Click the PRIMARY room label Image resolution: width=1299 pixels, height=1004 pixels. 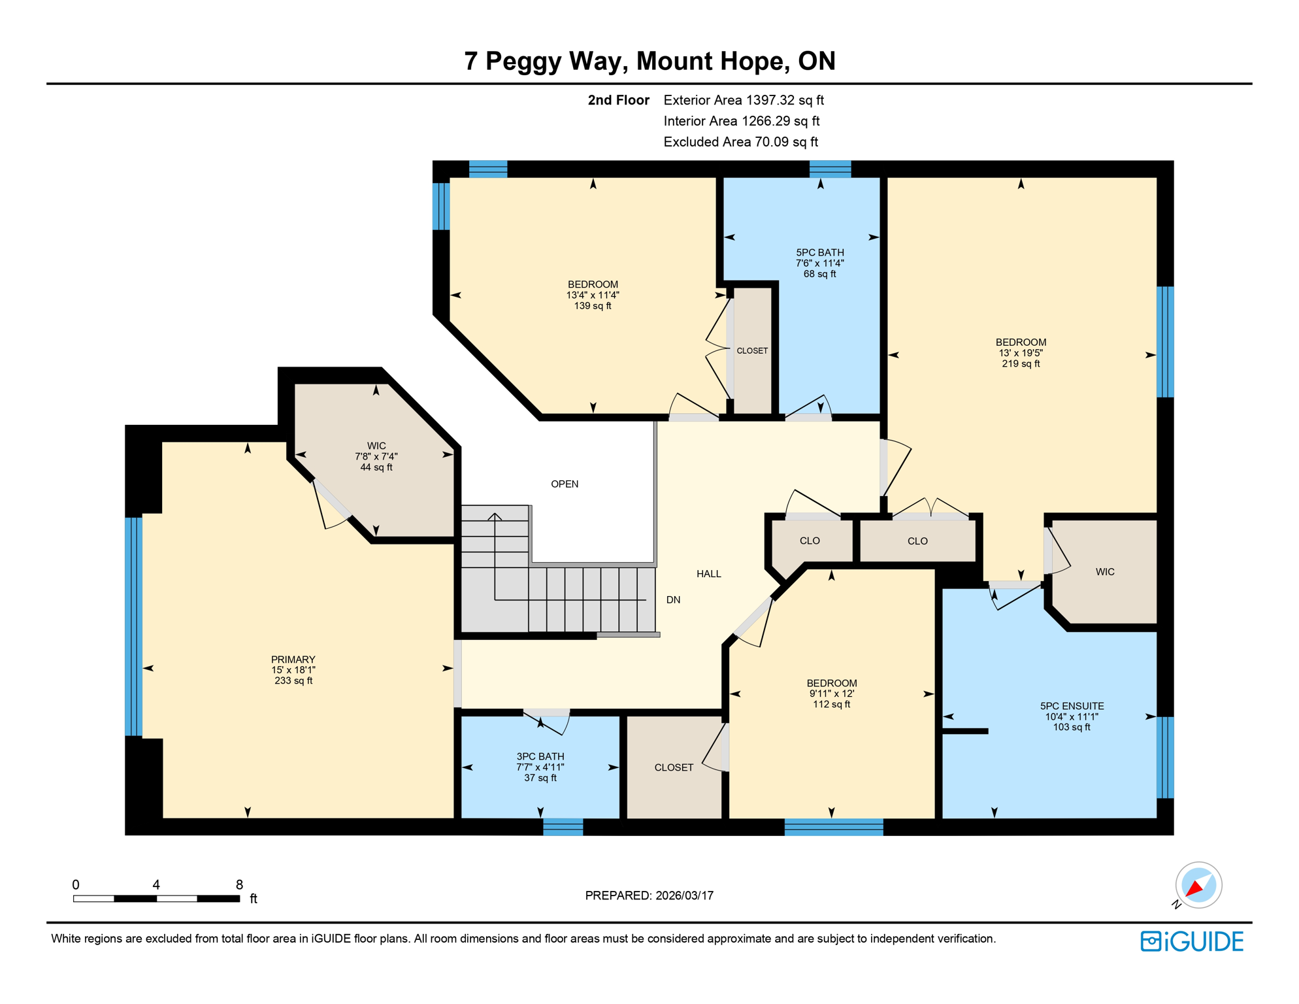[293, 669]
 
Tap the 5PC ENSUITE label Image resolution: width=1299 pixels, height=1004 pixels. [1072, 716]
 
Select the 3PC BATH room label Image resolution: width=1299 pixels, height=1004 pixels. [540, 767]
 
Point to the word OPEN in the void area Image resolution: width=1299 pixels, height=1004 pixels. [564, 484]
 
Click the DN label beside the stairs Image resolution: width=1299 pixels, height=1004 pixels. [673, 599]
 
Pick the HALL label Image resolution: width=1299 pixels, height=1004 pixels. [708, 573]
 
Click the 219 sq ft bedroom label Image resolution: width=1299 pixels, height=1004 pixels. [1020, 352]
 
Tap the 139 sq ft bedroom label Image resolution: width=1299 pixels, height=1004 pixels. [592, 295]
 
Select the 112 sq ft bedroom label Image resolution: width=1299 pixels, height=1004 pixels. [831, 693]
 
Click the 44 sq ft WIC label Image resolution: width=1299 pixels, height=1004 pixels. [376, 456]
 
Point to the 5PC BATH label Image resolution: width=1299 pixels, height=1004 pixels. [819, 263]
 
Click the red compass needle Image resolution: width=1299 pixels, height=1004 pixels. [1194, 888]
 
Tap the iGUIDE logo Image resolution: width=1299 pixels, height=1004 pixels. [1192, 941]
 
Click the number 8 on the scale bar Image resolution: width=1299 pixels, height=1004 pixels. [239, 884]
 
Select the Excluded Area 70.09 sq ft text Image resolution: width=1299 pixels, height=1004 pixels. [740, 142]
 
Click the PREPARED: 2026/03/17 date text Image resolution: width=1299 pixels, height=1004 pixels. [649, 895]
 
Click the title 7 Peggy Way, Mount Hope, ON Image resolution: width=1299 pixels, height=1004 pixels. [649, 61]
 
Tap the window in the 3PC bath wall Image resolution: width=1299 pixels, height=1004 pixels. [563, 826]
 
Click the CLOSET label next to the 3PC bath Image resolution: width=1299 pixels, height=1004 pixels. [673, 767]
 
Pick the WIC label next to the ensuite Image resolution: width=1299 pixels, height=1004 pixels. [1104, 572]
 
